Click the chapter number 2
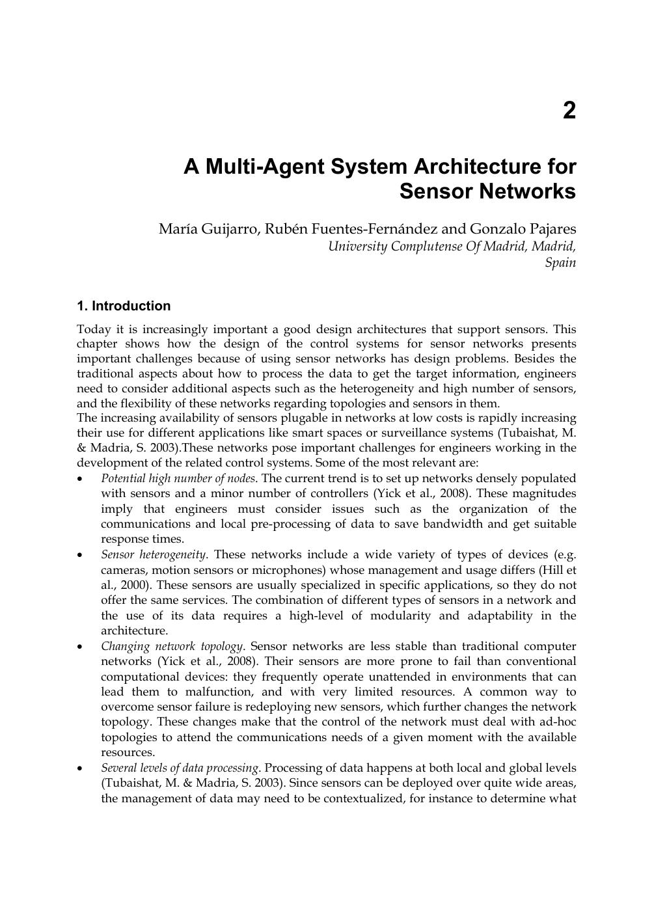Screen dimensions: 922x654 click(569, 111)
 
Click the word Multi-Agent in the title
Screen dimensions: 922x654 click(265, 167)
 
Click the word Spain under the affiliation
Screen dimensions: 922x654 click(560, 263)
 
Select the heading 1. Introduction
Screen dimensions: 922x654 click(124, 306)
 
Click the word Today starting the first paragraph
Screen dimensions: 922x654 click(94, 329)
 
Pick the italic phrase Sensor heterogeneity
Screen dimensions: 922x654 click(154, 554)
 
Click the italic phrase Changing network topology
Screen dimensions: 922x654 click(172, 646)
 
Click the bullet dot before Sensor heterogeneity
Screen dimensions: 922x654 click(79, 555)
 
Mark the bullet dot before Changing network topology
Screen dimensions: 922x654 click(79, 647)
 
